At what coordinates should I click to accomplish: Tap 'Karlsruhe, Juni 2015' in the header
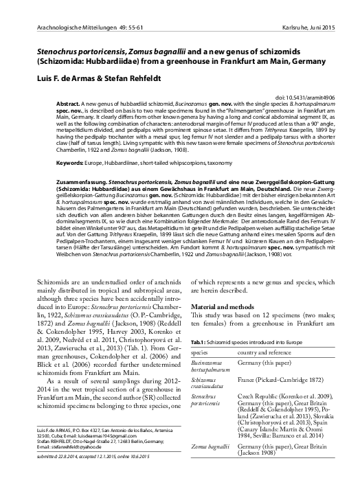(x=311, y=27)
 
